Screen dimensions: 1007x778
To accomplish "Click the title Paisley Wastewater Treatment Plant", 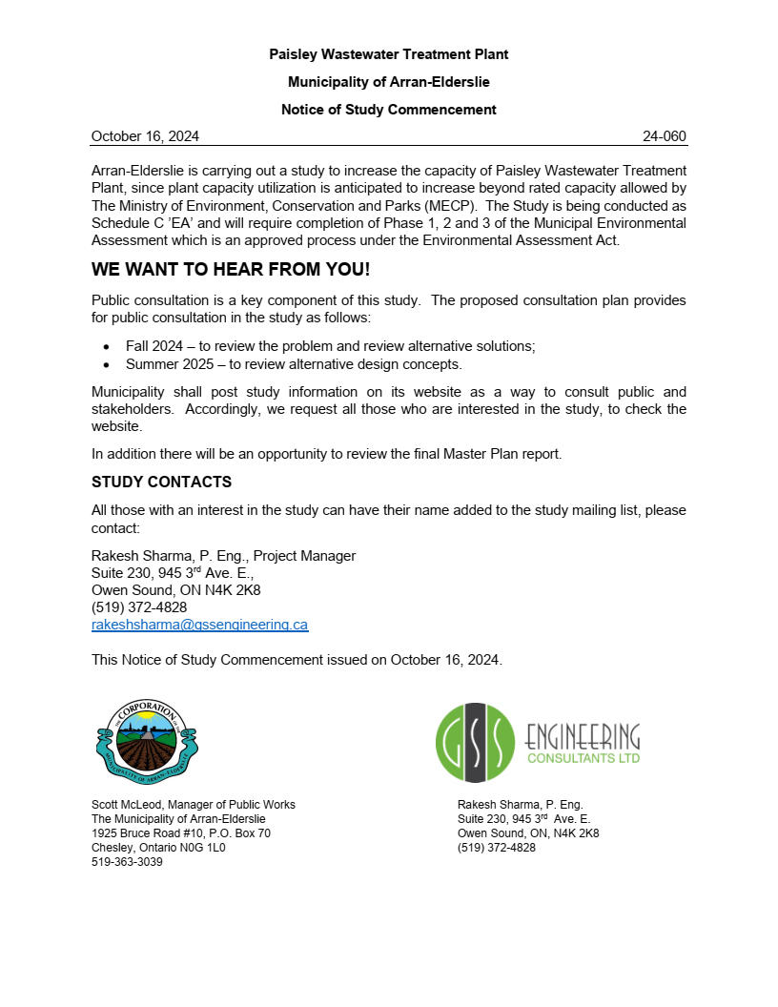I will (x=388, y=54).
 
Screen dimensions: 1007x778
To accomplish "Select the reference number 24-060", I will (x=664, y=136).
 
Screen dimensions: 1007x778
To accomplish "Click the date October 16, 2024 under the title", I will (x=145, y=136).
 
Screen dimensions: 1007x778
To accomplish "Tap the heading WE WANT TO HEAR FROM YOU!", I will (x=231, y=269).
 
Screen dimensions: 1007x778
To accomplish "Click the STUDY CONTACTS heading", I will (x=161, y=482).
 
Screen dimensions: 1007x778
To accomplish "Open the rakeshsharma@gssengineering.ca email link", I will (x=199, y=625).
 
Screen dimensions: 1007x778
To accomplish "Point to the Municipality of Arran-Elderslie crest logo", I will (x=147, y=739).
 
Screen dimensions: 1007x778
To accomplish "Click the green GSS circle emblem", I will (x=475, y=742).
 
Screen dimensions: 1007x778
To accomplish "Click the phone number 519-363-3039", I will (x=127, y=862).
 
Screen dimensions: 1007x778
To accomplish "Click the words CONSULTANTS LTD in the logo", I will (x=583, y=758).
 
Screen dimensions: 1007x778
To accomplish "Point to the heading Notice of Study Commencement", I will (x=388, y=110).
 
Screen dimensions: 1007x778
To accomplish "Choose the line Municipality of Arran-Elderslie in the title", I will (x=388, y=82).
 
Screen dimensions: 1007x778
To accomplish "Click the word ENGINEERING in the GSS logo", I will (x=583, y=735).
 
